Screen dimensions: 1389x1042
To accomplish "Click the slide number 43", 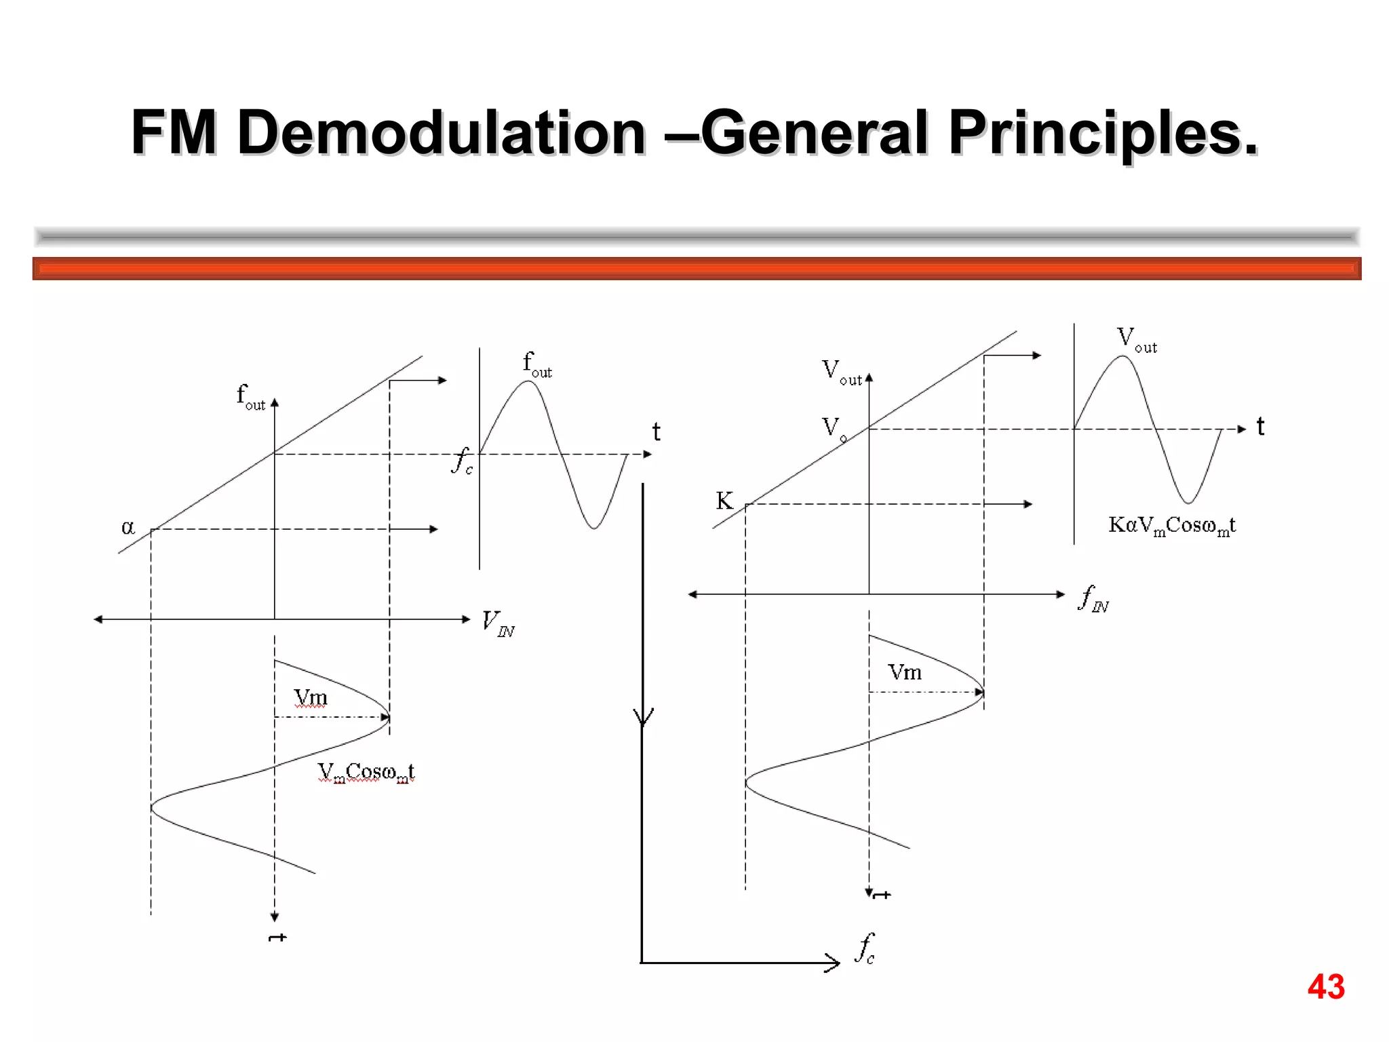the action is (1326, 986).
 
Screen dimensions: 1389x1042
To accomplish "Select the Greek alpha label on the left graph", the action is (128, 527).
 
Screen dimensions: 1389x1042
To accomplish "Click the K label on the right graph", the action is (724, 501).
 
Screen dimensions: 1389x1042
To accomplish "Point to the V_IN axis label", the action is (498, 623).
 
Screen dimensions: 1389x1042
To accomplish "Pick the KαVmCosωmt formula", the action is (1172, 525).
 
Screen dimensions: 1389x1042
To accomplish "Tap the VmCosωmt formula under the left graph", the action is (366, 772).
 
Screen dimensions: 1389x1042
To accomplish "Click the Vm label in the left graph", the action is (311, 697).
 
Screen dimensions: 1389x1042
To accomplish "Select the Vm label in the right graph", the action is (905, 672).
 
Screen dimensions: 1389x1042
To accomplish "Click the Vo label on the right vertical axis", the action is (834, 428).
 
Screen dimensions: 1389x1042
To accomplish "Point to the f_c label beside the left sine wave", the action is (463, 461).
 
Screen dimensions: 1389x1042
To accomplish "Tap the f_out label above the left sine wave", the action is (537, 364).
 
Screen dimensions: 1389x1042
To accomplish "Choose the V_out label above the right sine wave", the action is (1137, 339).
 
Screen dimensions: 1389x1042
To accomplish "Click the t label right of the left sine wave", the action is (656, 431).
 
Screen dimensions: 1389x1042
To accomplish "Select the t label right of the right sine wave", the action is (1260, 427).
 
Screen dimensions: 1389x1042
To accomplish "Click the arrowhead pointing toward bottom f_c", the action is (833, 962).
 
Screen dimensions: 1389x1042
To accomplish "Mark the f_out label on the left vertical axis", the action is (250, 396).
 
